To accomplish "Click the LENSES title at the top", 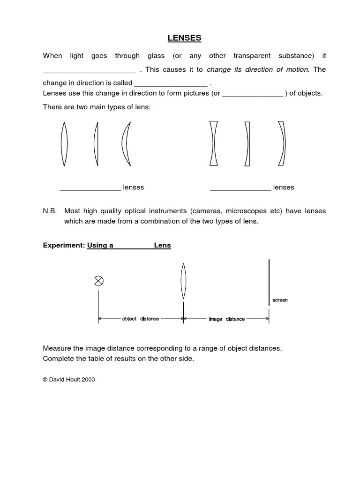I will coord(180,37).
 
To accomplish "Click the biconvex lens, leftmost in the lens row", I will coord(64,143).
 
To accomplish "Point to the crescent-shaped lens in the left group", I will coord(126,144).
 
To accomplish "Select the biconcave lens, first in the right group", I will coord(214,143).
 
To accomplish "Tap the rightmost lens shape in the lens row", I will coord(282,143).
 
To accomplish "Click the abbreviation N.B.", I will coord(50,211).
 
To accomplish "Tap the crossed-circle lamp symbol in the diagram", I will coord(98,281).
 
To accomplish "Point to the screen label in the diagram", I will coord(280,300).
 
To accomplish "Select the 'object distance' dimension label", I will coord(141,319).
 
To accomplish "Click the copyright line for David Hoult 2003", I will coord(69,380).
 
